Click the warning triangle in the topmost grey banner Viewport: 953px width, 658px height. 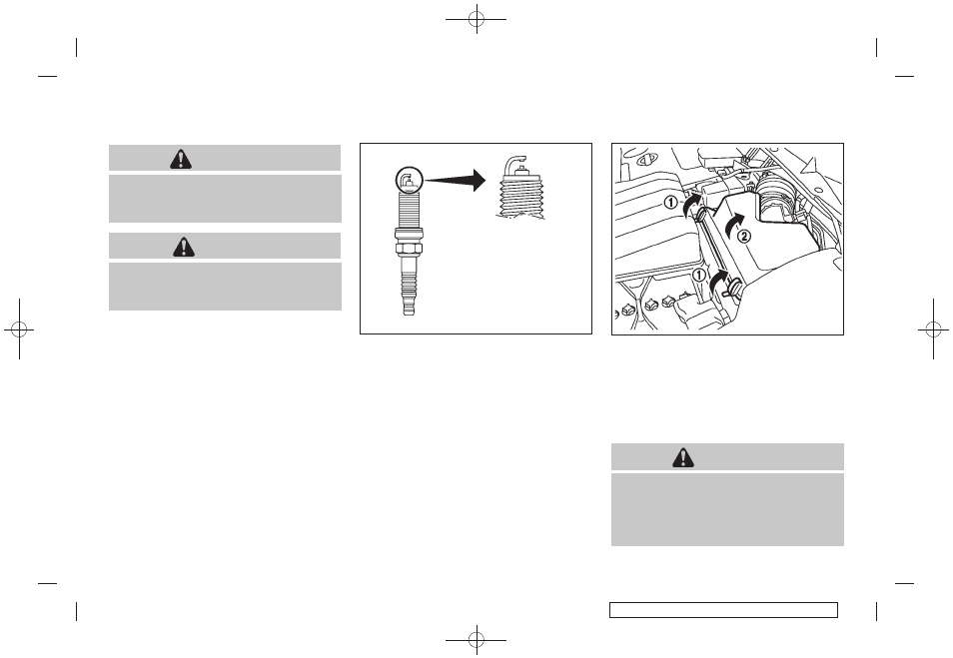click(181, 159)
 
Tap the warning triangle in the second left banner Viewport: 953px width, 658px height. click(184, 247)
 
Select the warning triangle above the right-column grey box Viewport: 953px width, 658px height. click(683, 457)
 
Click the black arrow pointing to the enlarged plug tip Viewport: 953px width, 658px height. click(456, 180)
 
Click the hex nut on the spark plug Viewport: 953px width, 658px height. click(409, 249)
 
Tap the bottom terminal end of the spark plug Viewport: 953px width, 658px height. click(409, 309)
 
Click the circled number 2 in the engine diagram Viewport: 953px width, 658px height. click(744, 237)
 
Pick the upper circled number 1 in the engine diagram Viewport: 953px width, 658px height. click(670, 203)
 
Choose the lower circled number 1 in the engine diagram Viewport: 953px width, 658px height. click(699, 276)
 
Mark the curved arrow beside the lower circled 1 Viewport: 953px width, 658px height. click(718, 283)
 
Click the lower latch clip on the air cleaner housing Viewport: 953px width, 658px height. click(732, 287)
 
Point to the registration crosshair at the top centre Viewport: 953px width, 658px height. click(476, 19)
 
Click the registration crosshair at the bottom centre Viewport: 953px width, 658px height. click(476, 639)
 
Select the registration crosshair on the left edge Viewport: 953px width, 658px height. click(19, 329)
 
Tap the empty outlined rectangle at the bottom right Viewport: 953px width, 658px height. click(724, 610)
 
